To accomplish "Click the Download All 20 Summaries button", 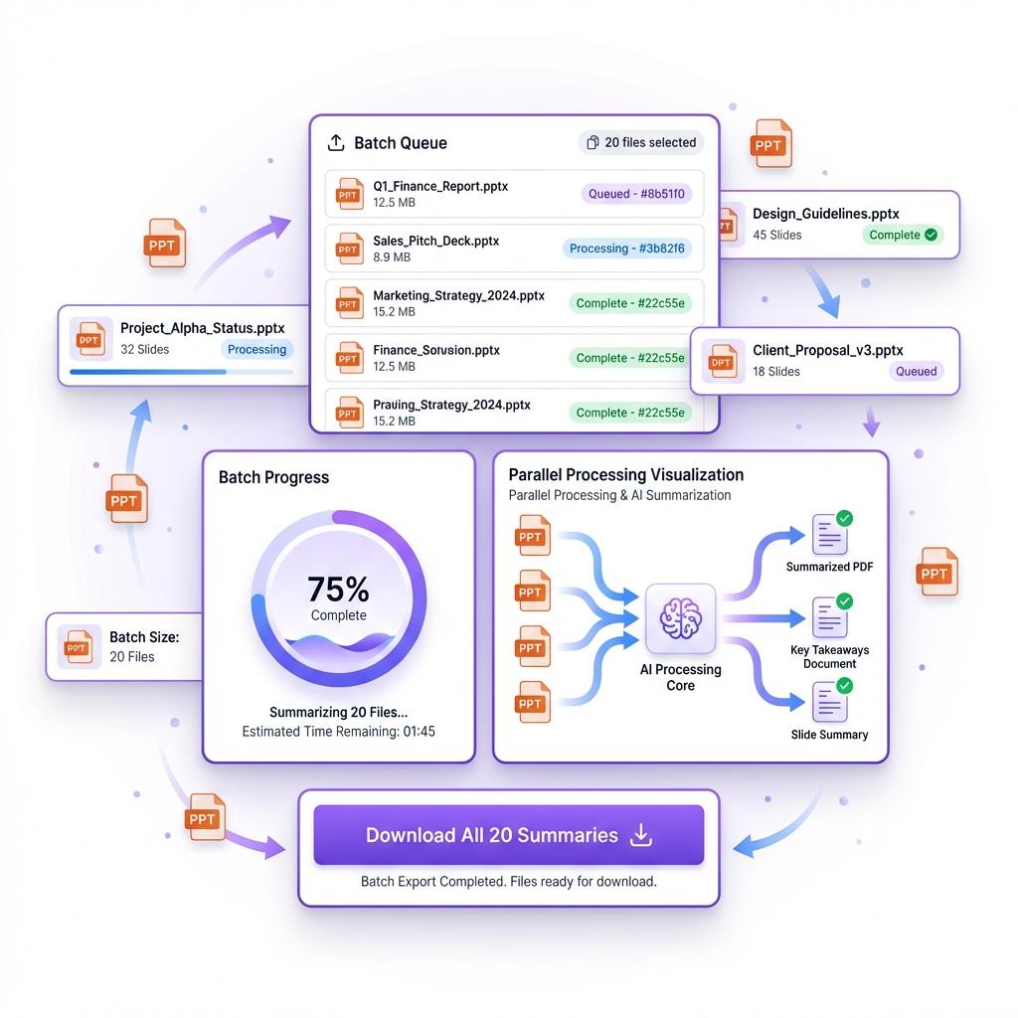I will click(508, 835).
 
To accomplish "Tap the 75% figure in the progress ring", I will click(338, 590).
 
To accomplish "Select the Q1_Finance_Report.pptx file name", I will click(440, 186).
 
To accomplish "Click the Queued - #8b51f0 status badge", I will click(637, 194).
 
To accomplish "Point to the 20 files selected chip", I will click(641, 142).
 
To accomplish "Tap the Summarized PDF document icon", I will click(829, 535).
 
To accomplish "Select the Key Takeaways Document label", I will click(830, 656).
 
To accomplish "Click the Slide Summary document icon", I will click(829, 701).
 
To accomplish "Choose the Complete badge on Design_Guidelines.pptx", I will click(903, 236).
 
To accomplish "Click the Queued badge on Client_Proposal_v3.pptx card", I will click(916, 371).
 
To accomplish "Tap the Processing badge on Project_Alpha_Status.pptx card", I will click(256, 349).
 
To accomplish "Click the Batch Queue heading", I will click(401, 143).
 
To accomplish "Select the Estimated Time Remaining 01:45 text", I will click(338, 732).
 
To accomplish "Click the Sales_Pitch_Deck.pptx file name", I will click(435, 241).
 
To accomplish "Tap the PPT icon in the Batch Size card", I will click(78, 646).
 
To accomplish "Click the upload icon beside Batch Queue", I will click(336, 143).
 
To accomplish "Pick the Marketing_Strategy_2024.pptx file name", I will click(458, 295).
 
